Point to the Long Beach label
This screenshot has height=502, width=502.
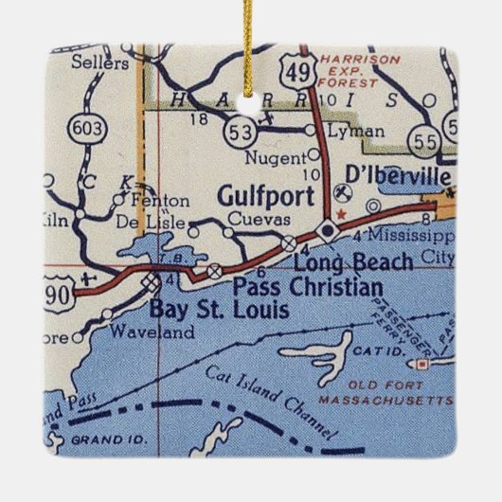click(x=353, y=262)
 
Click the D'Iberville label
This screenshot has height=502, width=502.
click(x=392, y=177)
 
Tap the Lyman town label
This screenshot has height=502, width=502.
click(x=354, y=132)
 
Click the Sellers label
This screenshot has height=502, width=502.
click(x=100, y=63)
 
